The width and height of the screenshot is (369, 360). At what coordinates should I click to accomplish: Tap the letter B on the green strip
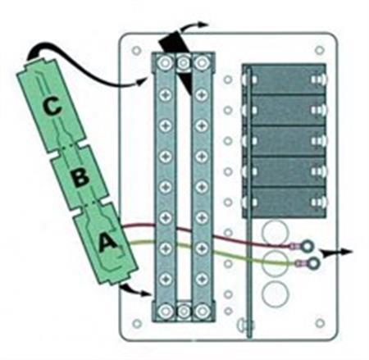click(x=80, y=176)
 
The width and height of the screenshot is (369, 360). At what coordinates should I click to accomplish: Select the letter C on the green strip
click(x=52, y=107)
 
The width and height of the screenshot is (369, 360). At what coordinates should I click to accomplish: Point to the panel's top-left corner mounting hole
click(x=136, y=50)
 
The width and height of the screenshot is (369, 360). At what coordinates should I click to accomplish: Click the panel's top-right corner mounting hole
click(x=320, y=50)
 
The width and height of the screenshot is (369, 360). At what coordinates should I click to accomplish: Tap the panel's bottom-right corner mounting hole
click(x=320, y=323)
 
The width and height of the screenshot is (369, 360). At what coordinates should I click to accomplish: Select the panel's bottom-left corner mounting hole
click(x=137, y=324)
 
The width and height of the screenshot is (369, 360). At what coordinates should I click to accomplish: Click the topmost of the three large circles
click(x=275, y=233)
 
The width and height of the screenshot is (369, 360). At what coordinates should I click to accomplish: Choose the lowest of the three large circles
click(x=275, y=294)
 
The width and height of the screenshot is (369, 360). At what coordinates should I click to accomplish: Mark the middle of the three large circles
click(x=275, y=263)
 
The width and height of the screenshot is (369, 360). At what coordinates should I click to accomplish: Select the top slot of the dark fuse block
click(x=285, y=80)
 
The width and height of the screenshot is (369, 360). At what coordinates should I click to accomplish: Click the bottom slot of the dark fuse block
click(x=285, y=203)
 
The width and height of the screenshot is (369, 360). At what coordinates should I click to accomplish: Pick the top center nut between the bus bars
click(x=184, y=62)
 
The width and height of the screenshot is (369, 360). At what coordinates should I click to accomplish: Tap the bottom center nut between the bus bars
click(x=184, y=311)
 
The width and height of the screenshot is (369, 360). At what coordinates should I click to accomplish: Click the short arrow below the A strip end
click(x=135, y=290)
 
